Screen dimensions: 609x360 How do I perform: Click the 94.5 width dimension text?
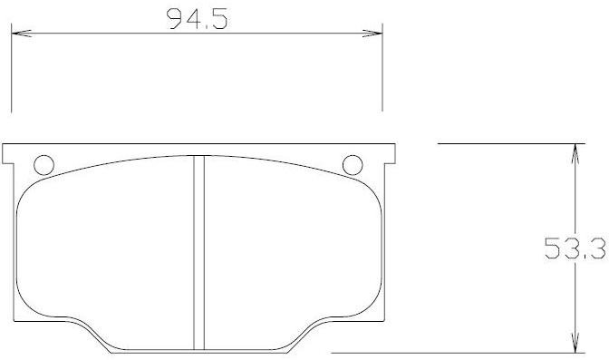[197, 19]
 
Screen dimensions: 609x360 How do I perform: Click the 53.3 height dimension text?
[575, 248]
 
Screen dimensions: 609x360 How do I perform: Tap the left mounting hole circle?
[43, 165]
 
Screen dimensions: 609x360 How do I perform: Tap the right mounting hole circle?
[353, 165]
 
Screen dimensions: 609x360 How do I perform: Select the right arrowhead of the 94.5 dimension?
[372, 34]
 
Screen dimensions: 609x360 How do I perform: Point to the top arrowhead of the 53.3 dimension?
[575, 153]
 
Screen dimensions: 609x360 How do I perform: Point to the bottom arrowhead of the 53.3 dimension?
[575, 343]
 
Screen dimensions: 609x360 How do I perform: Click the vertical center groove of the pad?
[198, 253]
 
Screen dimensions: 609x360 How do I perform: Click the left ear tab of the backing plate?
[8, 154]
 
